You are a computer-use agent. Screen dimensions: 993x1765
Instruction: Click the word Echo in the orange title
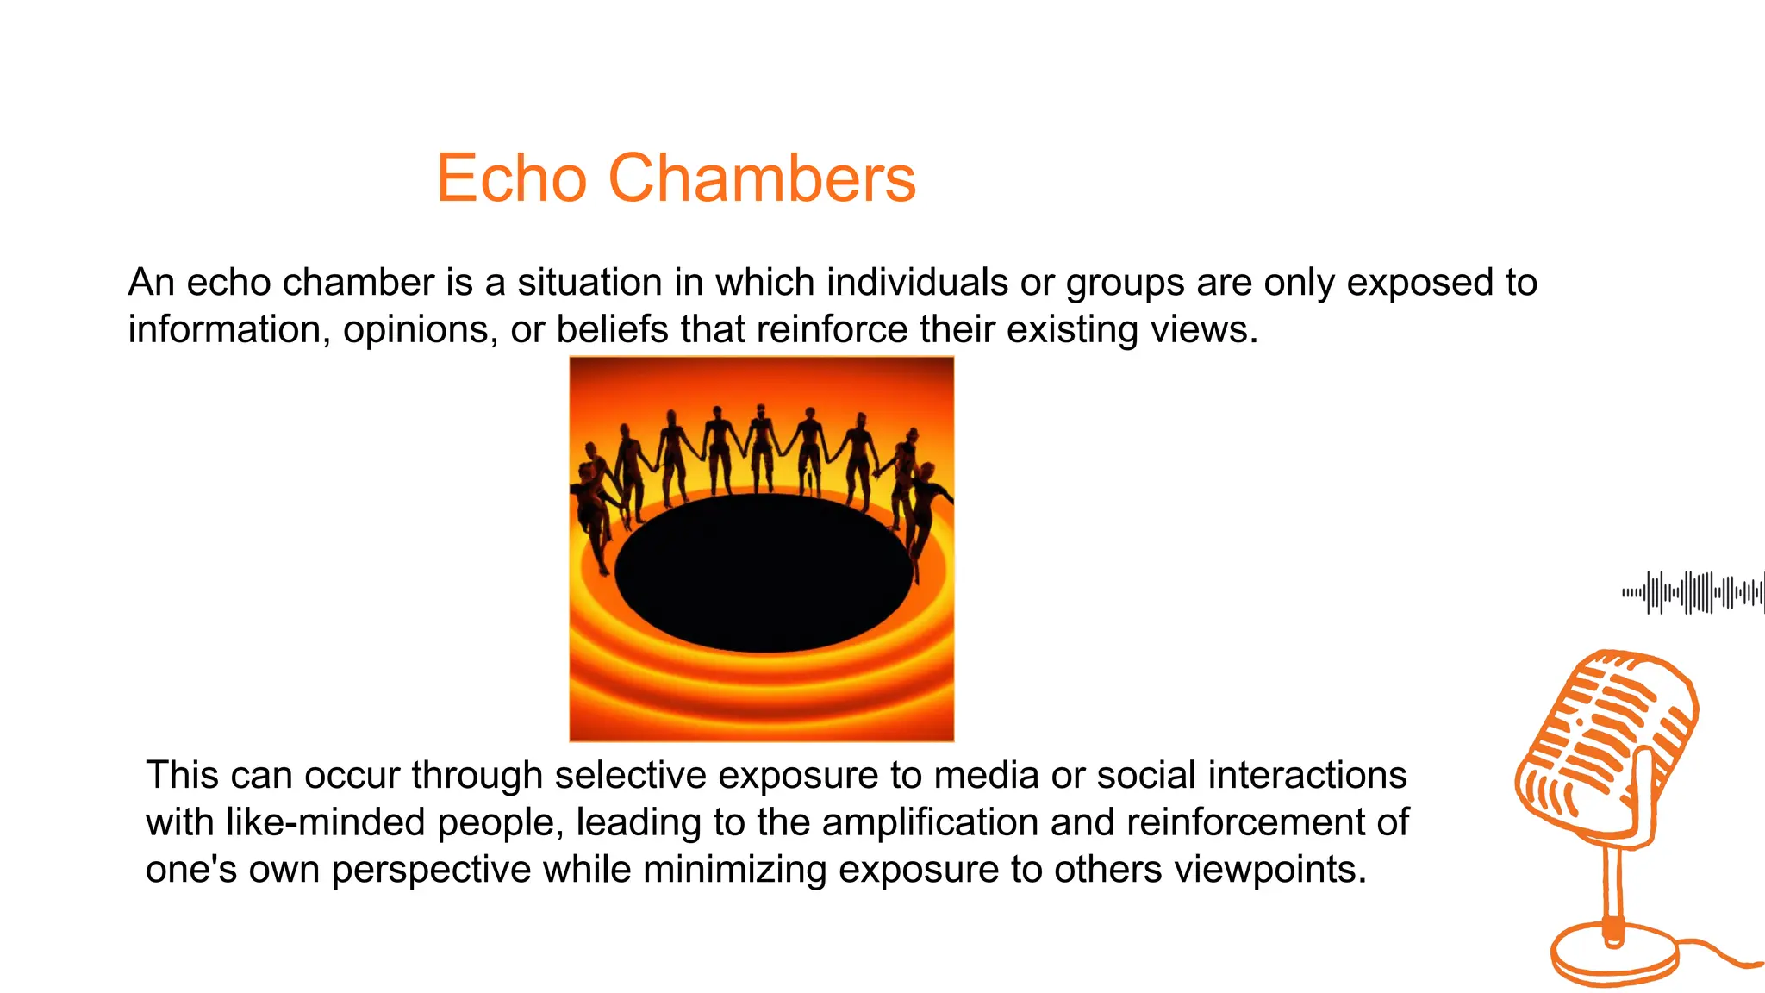511,178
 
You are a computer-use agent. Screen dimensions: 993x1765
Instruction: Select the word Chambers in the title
762,178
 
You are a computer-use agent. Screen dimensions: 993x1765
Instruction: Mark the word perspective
431,871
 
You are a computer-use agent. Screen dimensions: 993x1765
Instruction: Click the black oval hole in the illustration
764,573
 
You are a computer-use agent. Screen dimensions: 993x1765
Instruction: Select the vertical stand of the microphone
1614,888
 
